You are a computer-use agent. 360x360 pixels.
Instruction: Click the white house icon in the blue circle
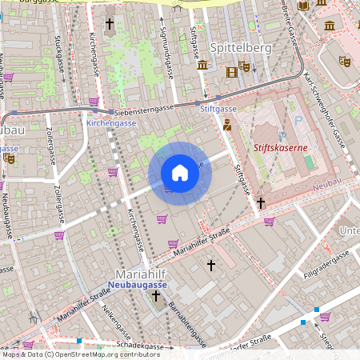point(180,173)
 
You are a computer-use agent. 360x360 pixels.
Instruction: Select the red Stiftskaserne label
point(280,148)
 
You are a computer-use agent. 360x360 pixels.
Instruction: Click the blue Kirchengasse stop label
point(111,124)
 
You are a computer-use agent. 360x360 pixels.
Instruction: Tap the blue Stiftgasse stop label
point(218,108)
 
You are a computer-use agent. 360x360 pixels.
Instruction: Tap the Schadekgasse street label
point(144,346)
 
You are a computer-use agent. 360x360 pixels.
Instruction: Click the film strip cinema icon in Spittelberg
point(232,73)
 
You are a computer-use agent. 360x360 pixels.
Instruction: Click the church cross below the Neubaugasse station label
point(156,297)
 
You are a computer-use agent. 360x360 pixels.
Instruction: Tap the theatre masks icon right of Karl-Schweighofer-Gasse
point(345,61)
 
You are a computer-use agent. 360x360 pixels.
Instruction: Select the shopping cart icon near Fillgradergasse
point(325,317)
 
